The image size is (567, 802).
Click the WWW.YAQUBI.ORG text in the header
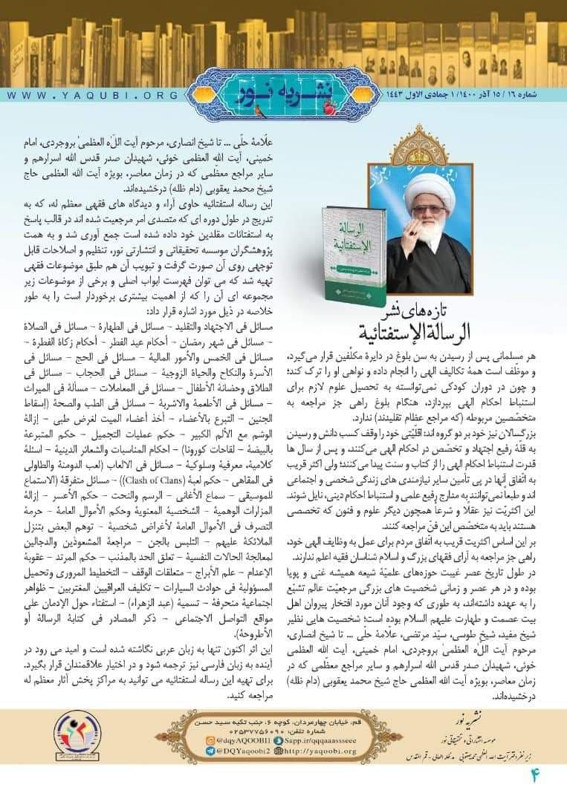click(x=93, y=96)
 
